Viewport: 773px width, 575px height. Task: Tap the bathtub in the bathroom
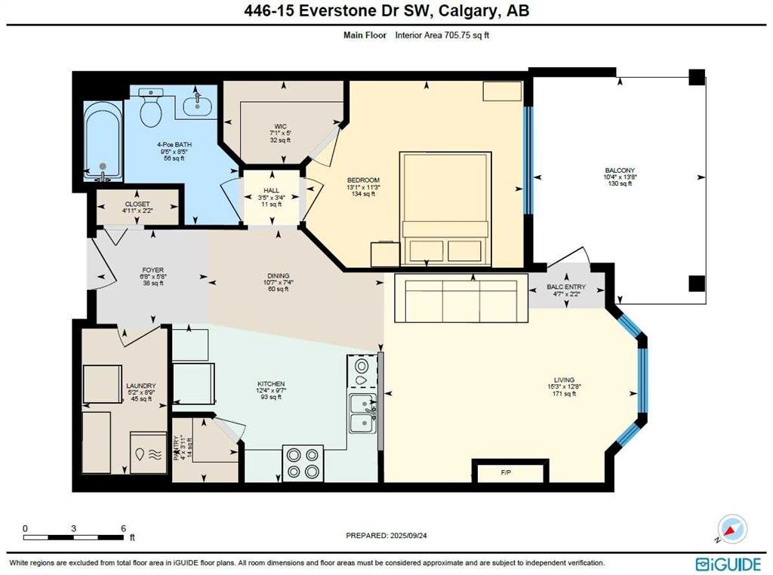pyautogui.click(x=103, y=141)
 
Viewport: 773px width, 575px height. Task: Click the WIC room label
pyautogui.click(x=281, y=127)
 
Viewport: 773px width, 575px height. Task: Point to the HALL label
pyautogui.click(x=271, y=191)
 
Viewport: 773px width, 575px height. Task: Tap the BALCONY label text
pyautogui.click(x=620, y=171)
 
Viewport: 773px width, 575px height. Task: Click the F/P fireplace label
pyautogui.click(x=506, y=472)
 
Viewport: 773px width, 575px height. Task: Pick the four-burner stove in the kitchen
pyautogui.click(x=303, y=463)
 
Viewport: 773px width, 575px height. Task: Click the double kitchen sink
pyautogui.click(x=362, y=414)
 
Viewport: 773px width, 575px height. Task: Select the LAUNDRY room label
pyautogui.click(x=141, y=386)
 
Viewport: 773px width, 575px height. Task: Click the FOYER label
pyautogui.click(x=152, y=270)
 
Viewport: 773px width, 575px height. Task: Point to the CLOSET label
pyautogui.click(x=137, y=204)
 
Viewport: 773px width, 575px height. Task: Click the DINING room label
pyautogui.click(x=279, y=276)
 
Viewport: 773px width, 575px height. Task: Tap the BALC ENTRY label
pyautogui.click(x=566, y=287)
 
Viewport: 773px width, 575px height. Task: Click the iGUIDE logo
pyautogui.click(x=728, y=564)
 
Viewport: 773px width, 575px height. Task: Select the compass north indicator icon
pyautogui.click(x=732, y=529)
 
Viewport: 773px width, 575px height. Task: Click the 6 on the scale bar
pyautogui.click(x=123, y=528)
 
